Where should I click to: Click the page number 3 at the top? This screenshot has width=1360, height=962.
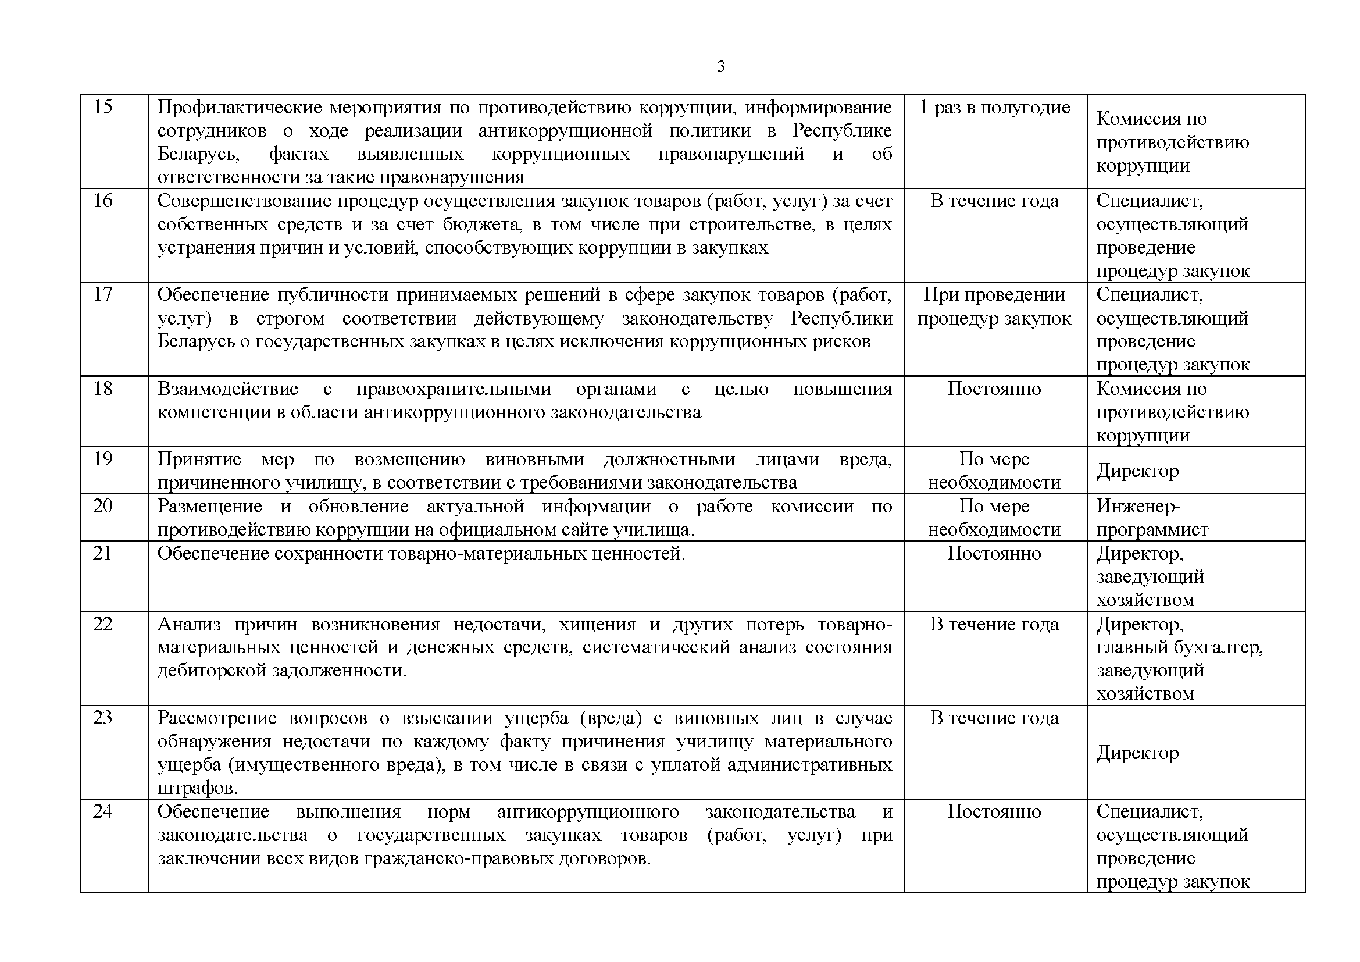click(721, 66)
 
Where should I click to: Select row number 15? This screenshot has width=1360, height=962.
click(103, 107)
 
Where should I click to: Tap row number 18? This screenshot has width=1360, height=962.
click(103, 389)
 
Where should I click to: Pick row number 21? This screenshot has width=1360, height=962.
click(102, 553)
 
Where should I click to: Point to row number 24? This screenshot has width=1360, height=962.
click(102, 811)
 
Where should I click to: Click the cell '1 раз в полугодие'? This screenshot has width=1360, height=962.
click(994, 107)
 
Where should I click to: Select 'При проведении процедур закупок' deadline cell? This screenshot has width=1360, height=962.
click(994, 307)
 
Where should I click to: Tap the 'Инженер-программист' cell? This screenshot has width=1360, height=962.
click(1152, 518)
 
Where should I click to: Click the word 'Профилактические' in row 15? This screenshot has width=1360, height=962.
click(240, 107)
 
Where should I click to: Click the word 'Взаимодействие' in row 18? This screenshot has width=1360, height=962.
click(228, 389)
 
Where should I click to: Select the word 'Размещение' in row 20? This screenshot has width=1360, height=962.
click(210, 506)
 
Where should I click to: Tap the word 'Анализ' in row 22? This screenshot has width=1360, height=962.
click(189, 623)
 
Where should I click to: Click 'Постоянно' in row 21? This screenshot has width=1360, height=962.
click(994, 553)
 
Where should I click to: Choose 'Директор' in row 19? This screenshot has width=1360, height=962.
click(1138, 471)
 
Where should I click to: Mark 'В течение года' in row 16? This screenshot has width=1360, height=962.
click(994, 201)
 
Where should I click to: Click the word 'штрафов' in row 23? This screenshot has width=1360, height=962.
click(195, 788)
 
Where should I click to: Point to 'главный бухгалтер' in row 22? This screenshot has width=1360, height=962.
click(1179, 647)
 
